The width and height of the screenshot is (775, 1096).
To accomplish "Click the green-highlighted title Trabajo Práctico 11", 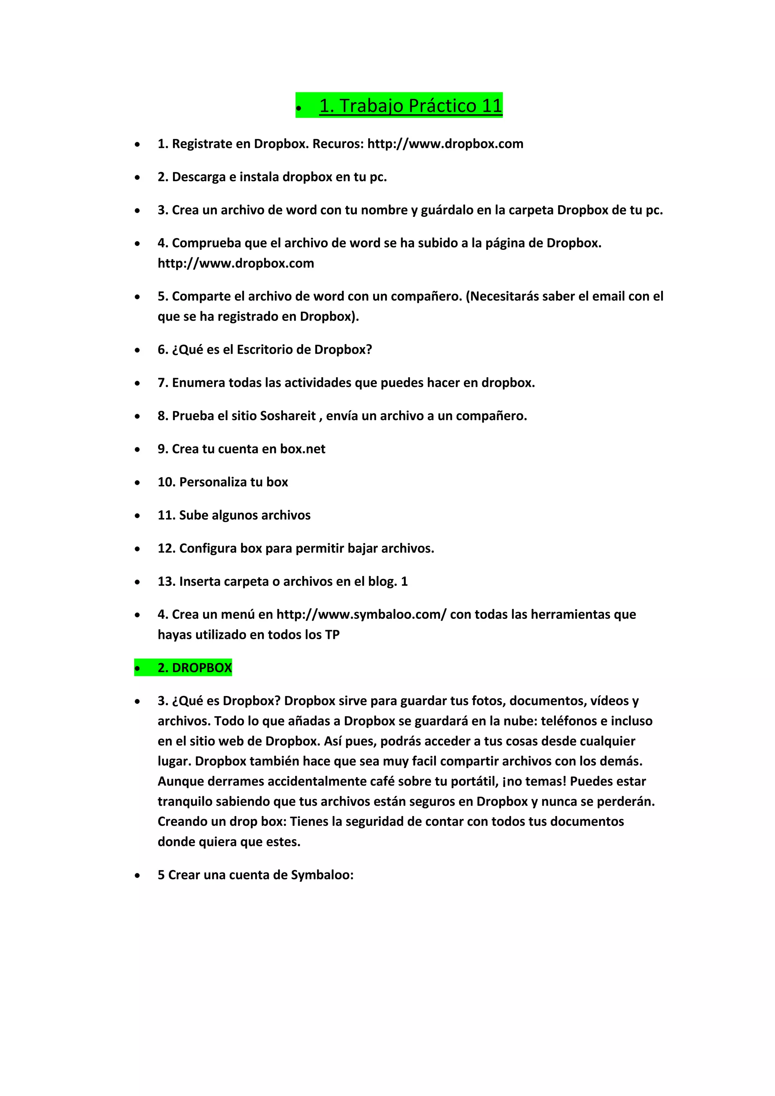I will coord(411,106).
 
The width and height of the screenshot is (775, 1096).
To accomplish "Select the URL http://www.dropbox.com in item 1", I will coord(445,144).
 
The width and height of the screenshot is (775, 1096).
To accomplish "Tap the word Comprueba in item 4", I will coord(207,243).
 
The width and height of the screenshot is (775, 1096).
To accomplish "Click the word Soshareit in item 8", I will coord(286,416).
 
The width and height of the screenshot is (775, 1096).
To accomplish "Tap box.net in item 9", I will coord(303,449).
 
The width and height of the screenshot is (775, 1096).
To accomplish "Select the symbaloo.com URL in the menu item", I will coord(361,614).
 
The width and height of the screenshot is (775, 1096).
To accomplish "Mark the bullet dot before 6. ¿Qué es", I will coord(137,350).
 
